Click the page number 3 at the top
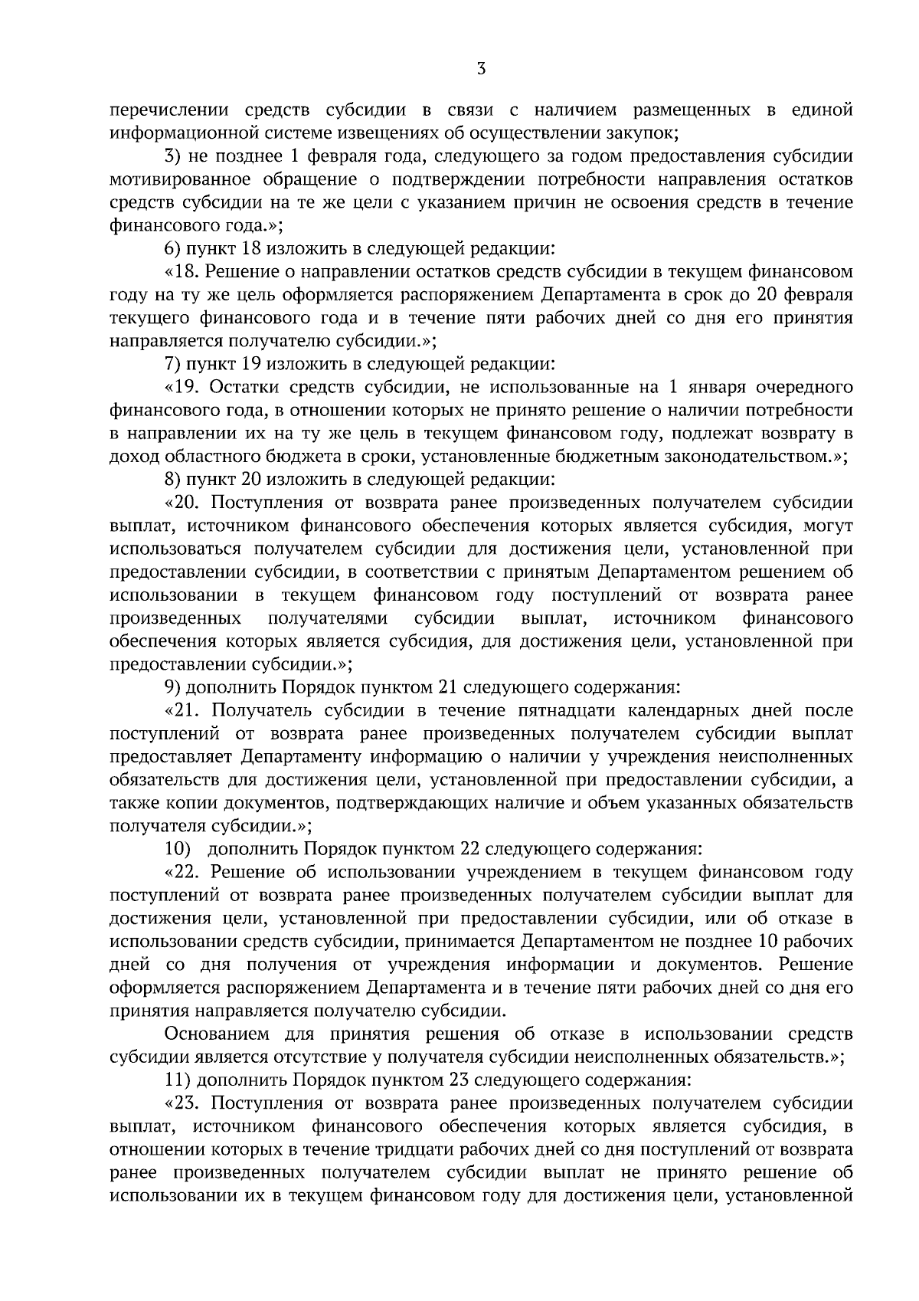point(480,70)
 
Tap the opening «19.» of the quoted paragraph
point(182,387)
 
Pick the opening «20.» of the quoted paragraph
point(182,503)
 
